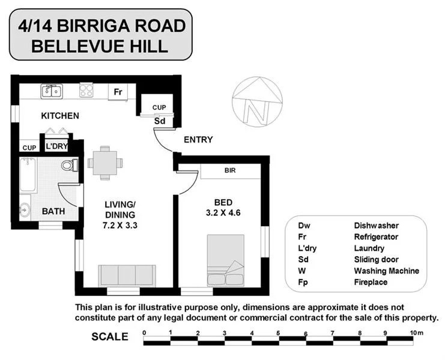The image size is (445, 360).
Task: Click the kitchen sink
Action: point(50,92)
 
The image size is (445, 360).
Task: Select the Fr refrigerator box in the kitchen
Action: point(118,92)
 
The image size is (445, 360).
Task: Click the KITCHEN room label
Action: point(60,115)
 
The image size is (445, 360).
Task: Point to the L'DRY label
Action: point(57,146)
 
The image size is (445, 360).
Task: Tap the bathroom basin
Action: point(24,210)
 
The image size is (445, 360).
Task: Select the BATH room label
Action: point(53,211)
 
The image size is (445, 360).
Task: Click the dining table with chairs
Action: point(104,163)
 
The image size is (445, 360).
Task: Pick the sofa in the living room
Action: point(127,275)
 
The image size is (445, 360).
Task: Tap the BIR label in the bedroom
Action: point(230,171)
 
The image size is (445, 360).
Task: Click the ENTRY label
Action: point(198,140)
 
